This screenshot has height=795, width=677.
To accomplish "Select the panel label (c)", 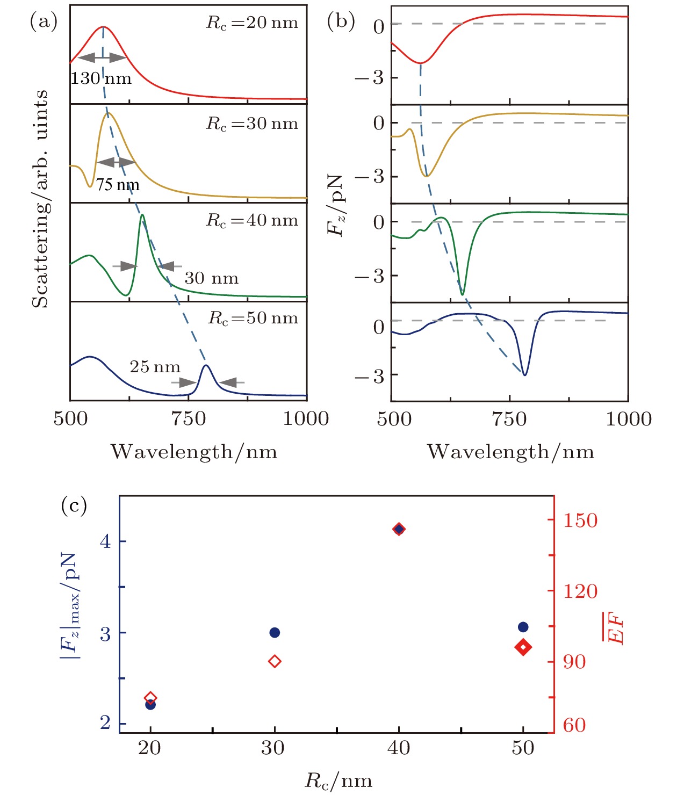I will point(74,505).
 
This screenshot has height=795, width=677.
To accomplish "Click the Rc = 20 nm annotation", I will point(252,23).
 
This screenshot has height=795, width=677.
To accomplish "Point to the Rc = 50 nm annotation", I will point(253,319).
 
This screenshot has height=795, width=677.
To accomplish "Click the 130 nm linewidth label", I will point(101,79).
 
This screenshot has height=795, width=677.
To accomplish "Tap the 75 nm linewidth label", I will point(118,185).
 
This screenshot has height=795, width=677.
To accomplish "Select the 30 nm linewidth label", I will point(211,278).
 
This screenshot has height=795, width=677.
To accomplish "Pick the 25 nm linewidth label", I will point(155,367).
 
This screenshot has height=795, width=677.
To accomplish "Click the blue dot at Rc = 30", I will point(275,632).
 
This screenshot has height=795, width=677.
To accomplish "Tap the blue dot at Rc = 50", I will point(523,627).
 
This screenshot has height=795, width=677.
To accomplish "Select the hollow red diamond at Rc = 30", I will point(275,661).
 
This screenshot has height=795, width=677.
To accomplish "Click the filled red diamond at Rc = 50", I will point(523,647).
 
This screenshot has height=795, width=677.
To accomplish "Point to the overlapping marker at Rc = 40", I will point(399,529).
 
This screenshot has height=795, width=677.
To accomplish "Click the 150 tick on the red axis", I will point(580,520).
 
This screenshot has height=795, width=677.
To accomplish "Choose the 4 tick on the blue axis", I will point(105,541).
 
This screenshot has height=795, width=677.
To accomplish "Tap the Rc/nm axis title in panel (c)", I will point(338,780).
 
